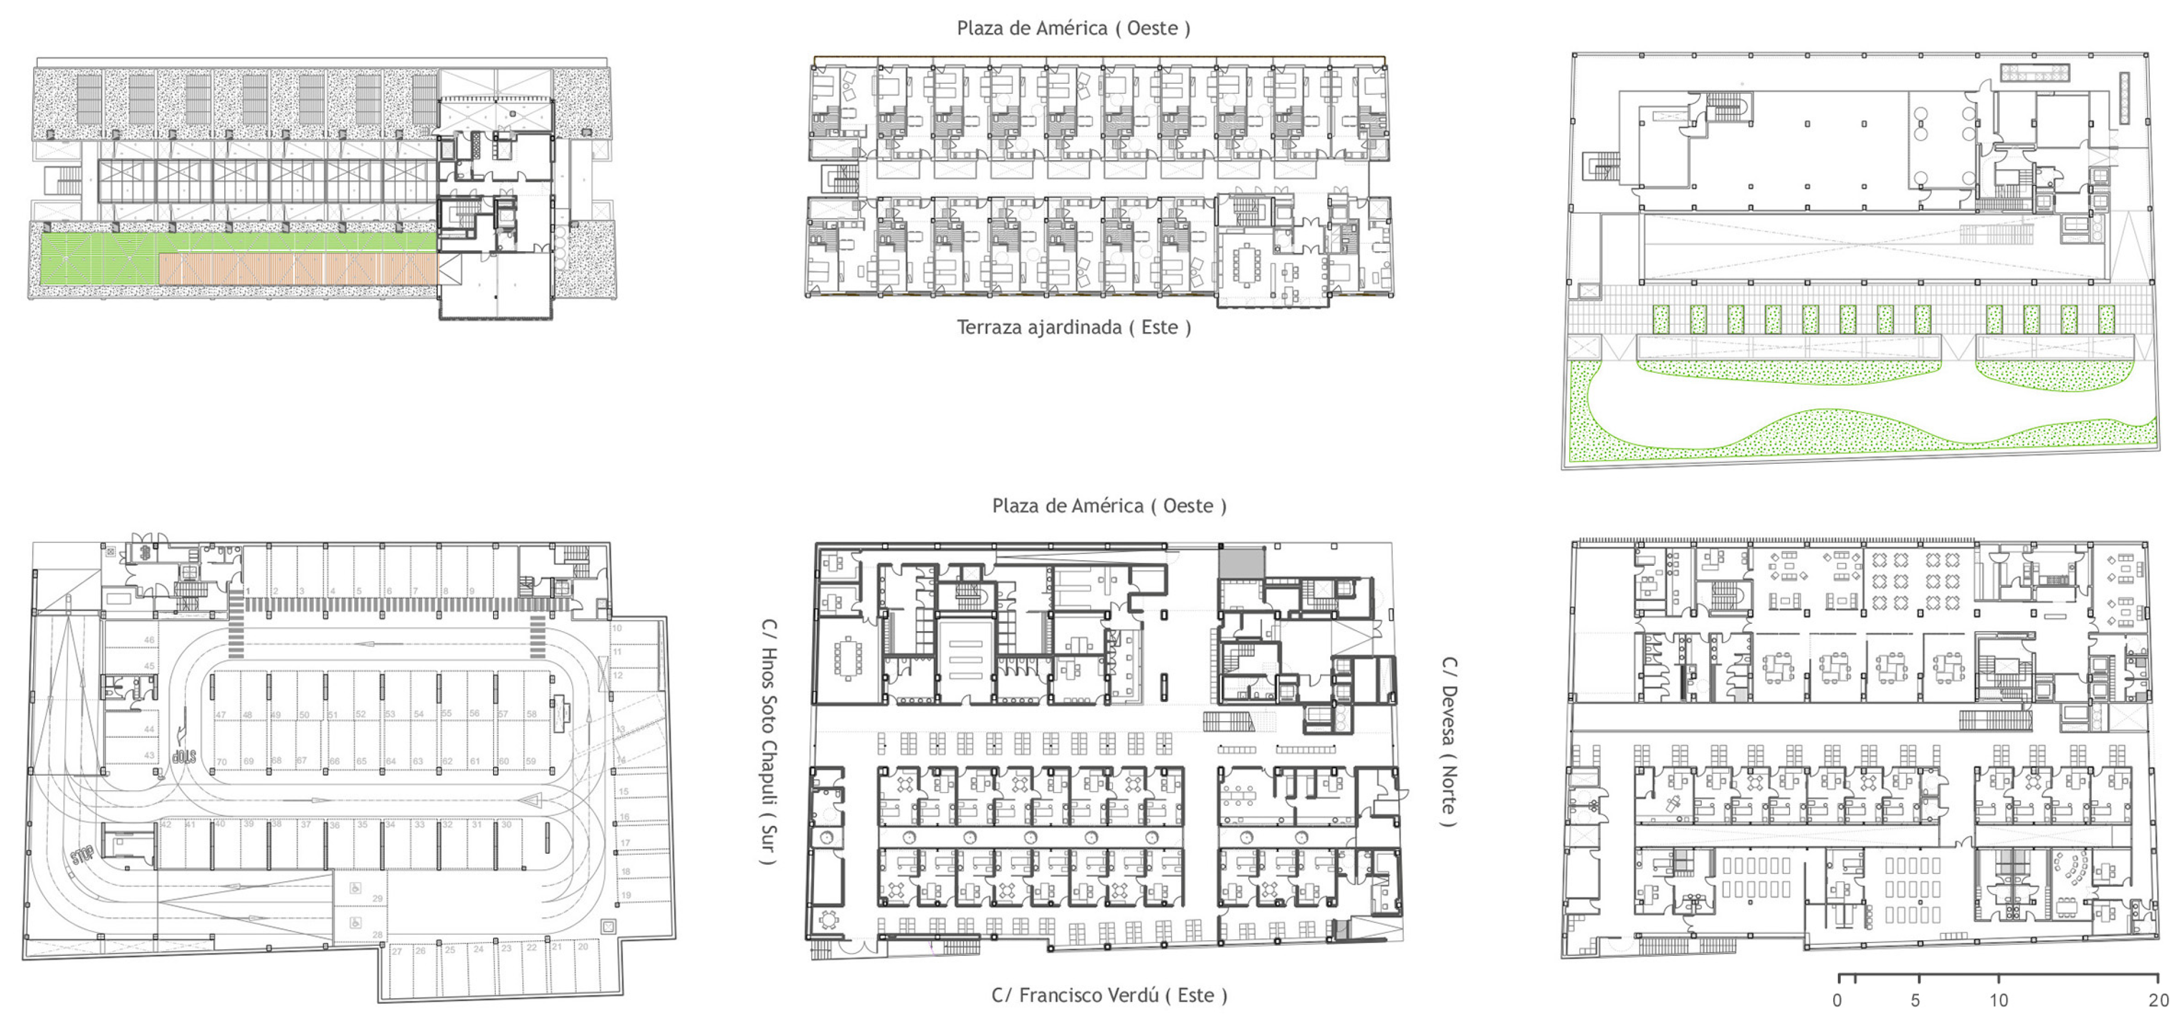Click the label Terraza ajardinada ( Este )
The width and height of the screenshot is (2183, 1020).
[1074, 328]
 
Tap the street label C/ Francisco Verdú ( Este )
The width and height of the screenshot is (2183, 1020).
[1109, 995]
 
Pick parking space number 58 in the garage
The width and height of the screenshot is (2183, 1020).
[531, 714]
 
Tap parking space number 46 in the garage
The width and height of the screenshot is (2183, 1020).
[149, 641]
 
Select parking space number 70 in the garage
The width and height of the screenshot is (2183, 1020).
[222, 761]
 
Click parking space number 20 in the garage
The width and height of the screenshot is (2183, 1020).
[583, 947]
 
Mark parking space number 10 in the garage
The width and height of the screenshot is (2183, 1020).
[617, 629]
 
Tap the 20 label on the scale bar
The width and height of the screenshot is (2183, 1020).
[2158, 1000]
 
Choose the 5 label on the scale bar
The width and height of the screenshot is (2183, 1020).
[1916, 1000]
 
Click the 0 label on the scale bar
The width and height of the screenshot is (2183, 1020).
[1837, 1000]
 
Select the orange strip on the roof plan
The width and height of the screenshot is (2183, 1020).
[299, 269]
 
